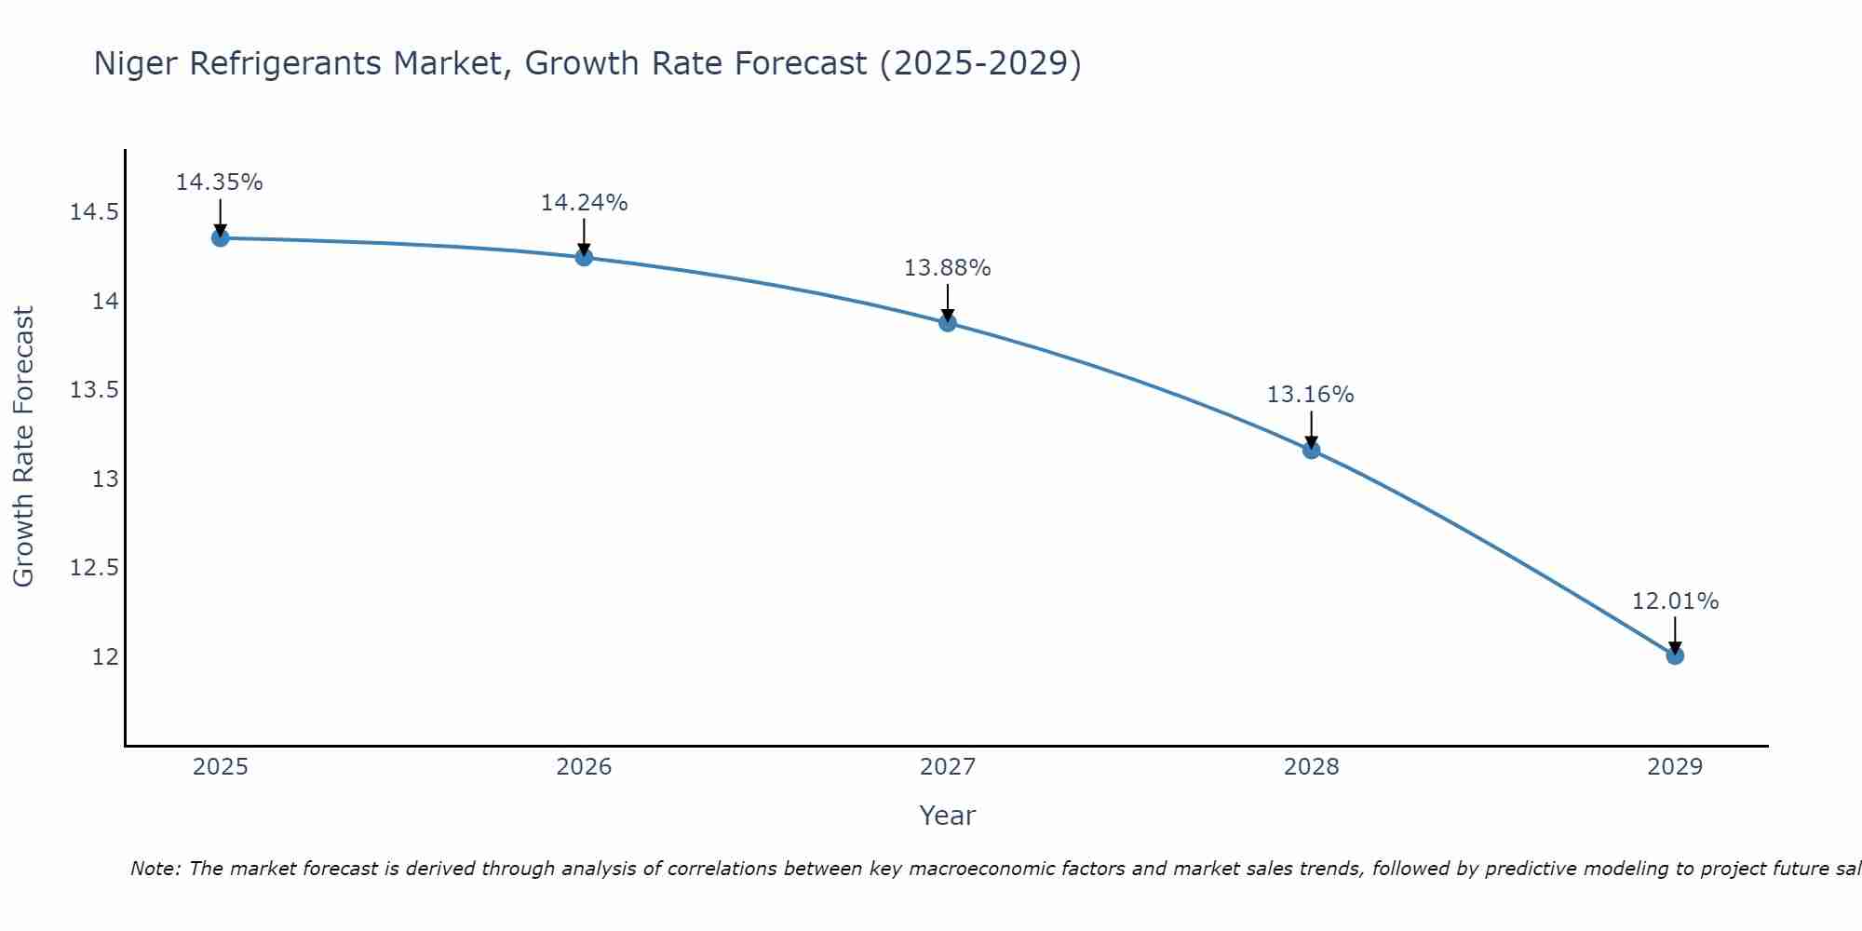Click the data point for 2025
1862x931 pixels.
tap(220, 237)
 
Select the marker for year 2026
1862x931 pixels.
tap(584, 257)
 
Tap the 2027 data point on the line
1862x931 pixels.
tap(948, 322)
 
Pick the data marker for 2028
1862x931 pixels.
tap(1311, 450)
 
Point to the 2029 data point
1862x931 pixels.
tap(1675, 655)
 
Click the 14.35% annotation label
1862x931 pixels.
tap(220, 182)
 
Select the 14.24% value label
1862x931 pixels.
tap(584, 203)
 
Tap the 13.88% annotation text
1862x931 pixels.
tap(948, 268)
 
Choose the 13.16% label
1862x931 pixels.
tap(1311, 395)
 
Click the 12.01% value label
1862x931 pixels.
tap(1675, 601)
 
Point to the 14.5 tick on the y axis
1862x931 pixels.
tap(94, 212)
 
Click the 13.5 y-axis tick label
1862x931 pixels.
tap(94, 390)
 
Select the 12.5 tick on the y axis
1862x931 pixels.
tap(94, 568)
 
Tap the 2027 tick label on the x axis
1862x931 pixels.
tap(948, 767)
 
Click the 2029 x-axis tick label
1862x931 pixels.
tap(1675, 767)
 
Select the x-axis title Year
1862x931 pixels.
tap(948, 816)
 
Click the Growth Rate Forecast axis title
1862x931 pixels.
tap(24, 447)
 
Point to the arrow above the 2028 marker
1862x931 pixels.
tap(1311, 429)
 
